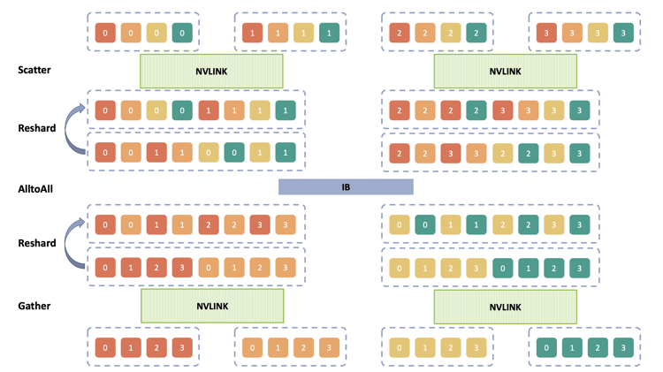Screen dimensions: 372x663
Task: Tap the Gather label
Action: click(x=34, y=306)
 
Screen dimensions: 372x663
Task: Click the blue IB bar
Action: click(x=346, y=187)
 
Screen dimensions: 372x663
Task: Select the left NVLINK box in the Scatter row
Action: click(x=211, y=71)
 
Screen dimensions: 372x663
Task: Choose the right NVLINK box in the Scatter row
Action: click(x=505, y=71)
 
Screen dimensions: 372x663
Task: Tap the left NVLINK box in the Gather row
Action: click(x=211, y=306)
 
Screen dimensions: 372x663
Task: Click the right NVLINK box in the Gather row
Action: click(x=505, y=306)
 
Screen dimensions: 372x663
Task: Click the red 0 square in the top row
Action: click(x=105, y=33)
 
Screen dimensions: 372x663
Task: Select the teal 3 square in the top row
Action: click(x=623, y=33)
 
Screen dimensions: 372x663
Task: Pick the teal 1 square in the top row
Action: click(x=329, y=33)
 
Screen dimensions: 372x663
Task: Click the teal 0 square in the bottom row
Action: click(x=546, y=347)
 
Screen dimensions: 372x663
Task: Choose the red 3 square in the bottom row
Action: click(x=182, y=347)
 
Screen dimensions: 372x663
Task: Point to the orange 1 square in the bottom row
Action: click(x=278, y=347)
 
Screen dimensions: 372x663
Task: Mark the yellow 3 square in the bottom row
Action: click(x=476, y=347)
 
